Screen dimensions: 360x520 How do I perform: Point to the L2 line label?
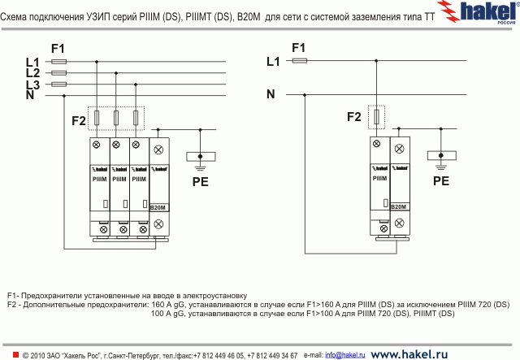pos(32,72)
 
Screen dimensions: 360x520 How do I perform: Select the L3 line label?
pos(32,85)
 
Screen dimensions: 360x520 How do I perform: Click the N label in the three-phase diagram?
pos(30,96)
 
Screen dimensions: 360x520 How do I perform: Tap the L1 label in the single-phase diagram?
pos(273,61)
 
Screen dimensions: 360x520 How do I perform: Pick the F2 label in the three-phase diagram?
pos(79,121)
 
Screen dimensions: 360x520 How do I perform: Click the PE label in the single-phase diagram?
pos(441,182)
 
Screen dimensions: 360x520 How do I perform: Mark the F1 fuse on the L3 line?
pos(58,84)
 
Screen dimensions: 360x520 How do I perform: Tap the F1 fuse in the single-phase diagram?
pos(300,60)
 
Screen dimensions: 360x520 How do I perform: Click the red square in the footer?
pos(15,355)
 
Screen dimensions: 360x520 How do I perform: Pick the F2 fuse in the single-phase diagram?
pos(379,118)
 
